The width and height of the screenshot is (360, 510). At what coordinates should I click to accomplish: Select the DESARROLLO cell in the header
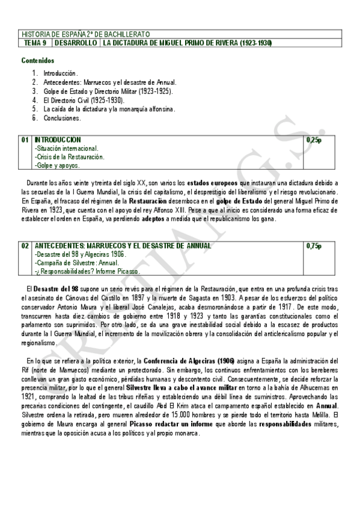pos(76,43)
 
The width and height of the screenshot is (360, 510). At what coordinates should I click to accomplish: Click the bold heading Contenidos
pos(38,61)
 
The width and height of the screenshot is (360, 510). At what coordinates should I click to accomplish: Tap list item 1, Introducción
pos(61,73)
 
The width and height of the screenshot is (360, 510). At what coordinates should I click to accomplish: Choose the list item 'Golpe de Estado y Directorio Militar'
pos(108,91)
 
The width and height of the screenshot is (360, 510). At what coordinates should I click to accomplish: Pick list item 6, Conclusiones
pos(62,118)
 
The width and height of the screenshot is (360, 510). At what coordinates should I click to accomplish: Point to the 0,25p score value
pos(314,140)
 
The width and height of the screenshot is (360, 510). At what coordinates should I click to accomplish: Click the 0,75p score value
pos(314,246)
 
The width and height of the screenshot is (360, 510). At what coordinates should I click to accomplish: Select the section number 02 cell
pos(25,246)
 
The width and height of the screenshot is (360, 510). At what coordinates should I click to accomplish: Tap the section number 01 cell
pos(25,140)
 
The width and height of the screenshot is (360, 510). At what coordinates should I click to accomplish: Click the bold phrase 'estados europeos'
pos(212,182)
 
